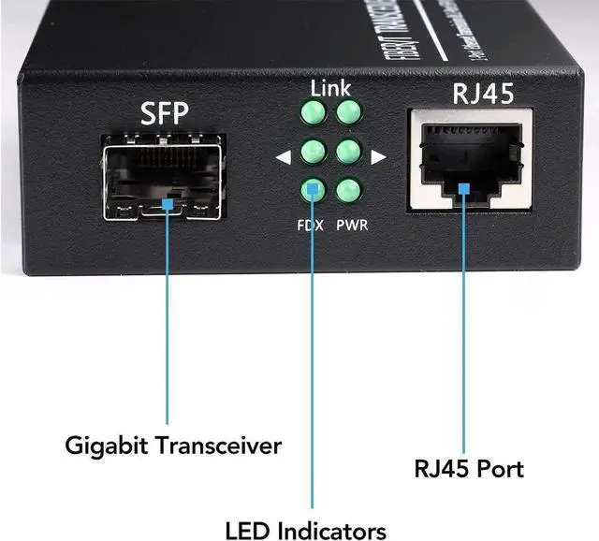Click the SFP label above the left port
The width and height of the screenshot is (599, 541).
pos(164,113)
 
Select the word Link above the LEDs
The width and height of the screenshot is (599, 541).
pos(330,89)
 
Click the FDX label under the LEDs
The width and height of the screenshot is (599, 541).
pos(312,226)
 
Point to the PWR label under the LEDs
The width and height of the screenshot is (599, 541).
pos(352,226)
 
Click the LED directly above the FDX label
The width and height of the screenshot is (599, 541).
pos(312,190)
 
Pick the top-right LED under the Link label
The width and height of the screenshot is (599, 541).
pos(349,114)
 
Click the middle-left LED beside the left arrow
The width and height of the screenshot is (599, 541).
pos(313,152)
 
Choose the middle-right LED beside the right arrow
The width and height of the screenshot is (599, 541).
pos(349,152)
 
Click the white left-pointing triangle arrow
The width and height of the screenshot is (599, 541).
pos(284,157)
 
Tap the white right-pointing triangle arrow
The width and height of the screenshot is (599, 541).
pos(377,157)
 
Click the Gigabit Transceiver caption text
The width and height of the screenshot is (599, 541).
pos(173,446)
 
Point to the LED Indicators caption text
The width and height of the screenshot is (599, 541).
pos(305,530)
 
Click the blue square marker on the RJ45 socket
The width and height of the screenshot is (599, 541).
pos(464,188)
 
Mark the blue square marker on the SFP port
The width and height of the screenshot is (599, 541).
pos(168,202)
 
